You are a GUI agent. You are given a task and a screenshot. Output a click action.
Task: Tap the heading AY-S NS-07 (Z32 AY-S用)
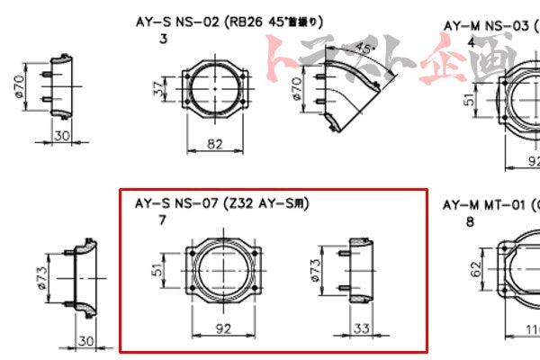(220, 204)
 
